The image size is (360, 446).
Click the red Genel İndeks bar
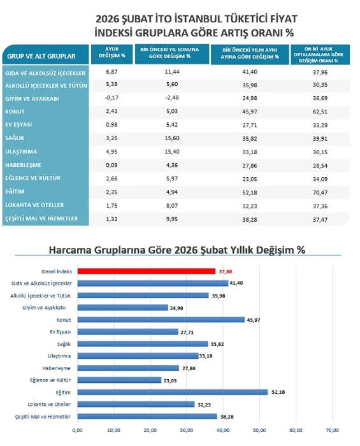coord(146,271)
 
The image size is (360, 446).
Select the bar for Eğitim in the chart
coord(172,392)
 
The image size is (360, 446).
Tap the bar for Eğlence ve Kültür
coord(119,380)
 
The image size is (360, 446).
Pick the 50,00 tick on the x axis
coord(259,430)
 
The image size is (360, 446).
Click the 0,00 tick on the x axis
coord(78,430)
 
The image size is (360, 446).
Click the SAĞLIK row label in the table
coord(16,138)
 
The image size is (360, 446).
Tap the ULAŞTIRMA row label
coord(22,152)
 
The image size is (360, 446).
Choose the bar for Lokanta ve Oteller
coord(136,404)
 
